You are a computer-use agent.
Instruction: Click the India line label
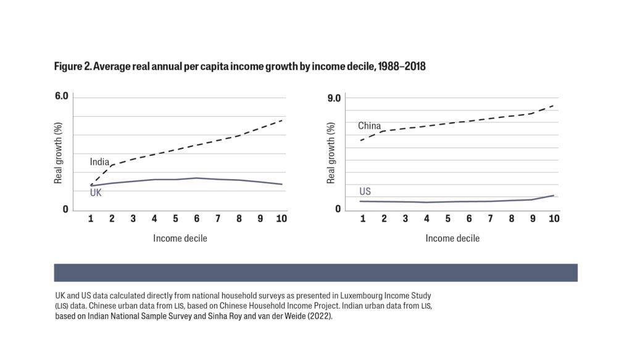coord(99,162)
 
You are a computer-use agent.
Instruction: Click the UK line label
coord(96,193)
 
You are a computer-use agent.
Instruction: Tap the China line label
coord(369,126)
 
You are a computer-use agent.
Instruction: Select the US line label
coord(365,191)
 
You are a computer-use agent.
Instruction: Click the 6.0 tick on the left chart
coord(62,96)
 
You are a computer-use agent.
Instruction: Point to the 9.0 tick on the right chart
coord(334,97)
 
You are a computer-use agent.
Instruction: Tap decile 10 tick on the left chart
coord(281,219)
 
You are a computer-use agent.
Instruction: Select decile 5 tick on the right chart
coord(447,219)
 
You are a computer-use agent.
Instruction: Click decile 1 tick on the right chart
coord(362,219)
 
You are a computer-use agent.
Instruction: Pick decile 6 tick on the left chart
coord(196,219)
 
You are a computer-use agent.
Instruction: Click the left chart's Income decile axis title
coord(180,238)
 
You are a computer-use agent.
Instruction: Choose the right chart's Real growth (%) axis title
coord(331,153)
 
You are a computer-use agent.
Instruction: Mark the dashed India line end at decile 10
coord(282,120)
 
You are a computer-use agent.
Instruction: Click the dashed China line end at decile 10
coord(554,106)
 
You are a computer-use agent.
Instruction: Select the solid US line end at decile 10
coord(554,195)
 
